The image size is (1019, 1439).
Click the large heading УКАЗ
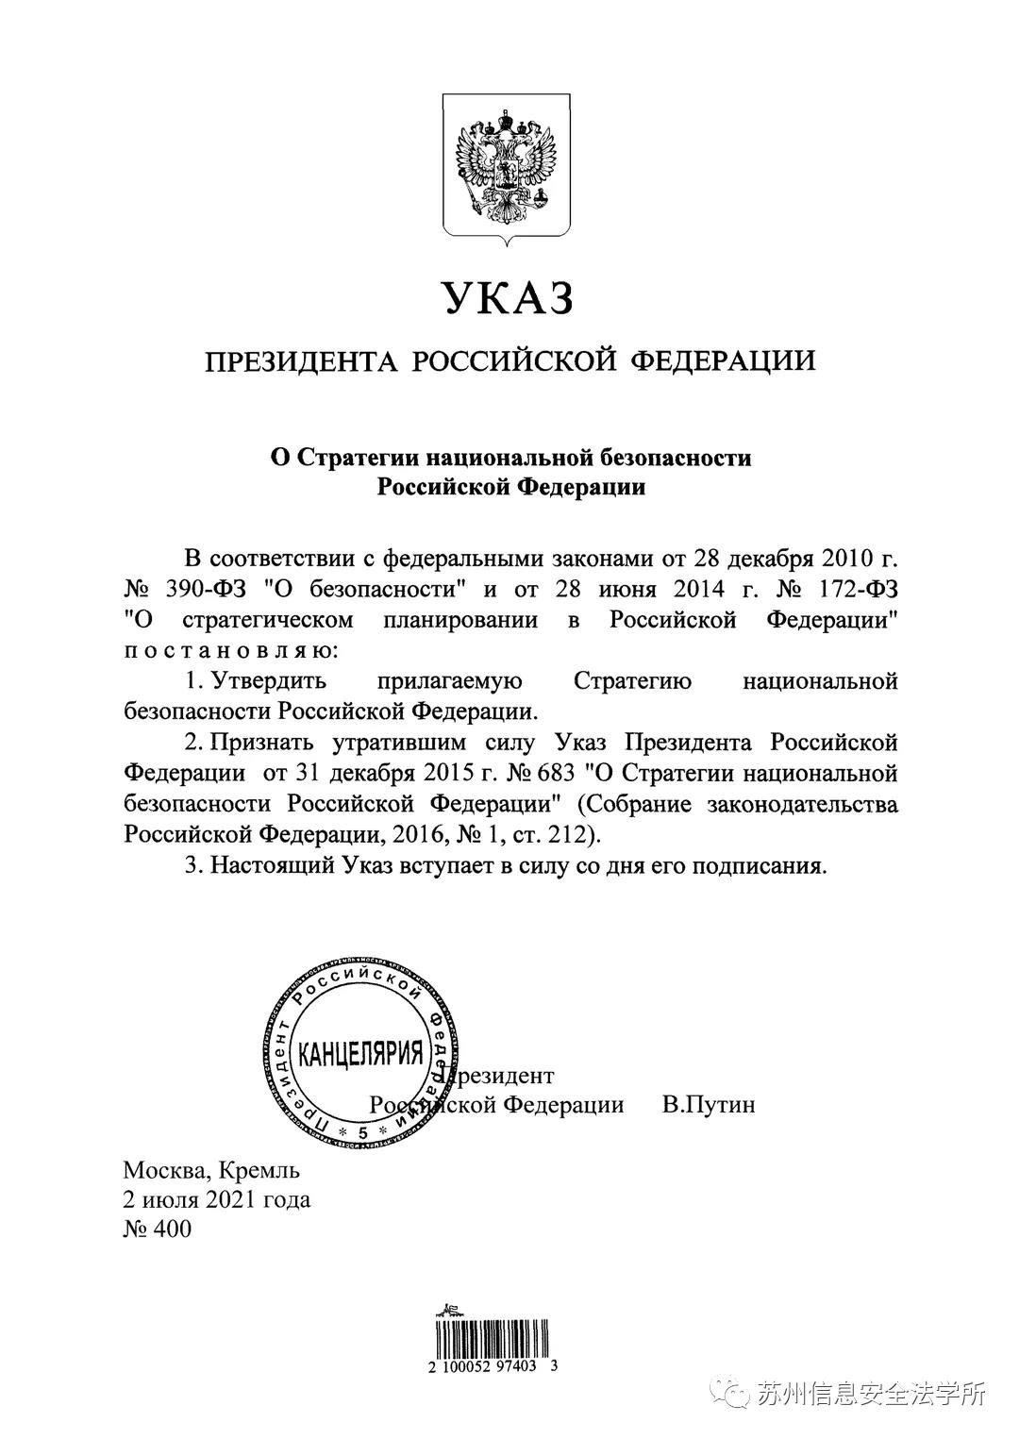click(509, 299)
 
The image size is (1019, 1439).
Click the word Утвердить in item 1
click(269, 681)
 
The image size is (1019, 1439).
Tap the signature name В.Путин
click(708, 1104)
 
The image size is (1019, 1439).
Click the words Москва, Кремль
click(211, 1171)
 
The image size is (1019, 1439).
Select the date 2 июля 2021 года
click(217, 1200)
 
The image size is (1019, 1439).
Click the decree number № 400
click(157, 1230)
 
